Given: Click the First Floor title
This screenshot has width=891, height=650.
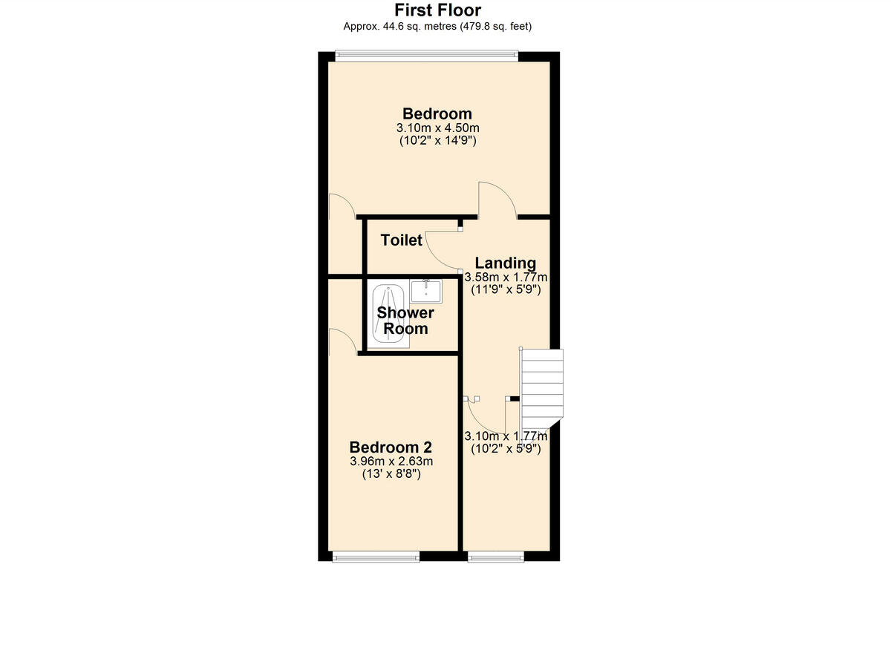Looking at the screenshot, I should coord(437,10).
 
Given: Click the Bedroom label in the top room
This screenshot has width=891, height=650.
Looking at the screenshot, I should coord(437,114).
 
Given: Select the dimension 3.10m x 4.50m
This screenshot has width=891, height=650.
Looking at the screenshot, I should coord(437,128).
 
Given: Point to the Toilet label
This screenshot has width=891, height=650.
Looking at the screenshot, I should coord(401,240).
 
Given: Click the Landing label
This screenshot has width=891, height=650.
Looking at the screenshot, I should coord(505,263).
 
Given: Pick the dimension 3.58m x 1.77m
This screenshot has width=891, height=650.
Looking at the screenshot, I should coord(505,278).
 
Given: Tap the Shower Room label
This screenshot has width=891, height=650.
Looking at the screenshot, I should coord(405,321).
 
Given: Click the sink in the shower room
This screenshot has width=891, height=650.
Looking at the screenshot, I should coord(426,291).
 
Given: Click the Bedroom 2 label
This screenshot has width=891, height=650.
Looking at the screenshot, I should coord(391,447).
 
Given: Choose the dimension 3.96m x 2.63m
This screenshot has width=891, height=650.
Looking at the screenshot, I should coord(391,462).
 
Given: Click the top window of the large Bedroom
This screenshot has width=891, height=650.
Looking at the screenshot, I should coord(426,53).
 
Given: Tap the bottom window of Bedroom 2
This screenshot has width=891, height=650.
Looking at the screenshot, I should coord(376,557).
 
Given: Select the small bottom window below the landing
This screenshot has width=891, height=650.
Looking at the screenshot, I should coord(496,557).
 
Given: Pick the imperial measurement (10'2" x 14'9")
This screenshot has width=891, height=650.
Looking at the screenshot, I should coord(437,140).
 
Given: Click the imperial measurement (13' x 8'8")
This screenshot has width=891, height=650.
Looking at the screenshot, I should coord(391,474).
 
